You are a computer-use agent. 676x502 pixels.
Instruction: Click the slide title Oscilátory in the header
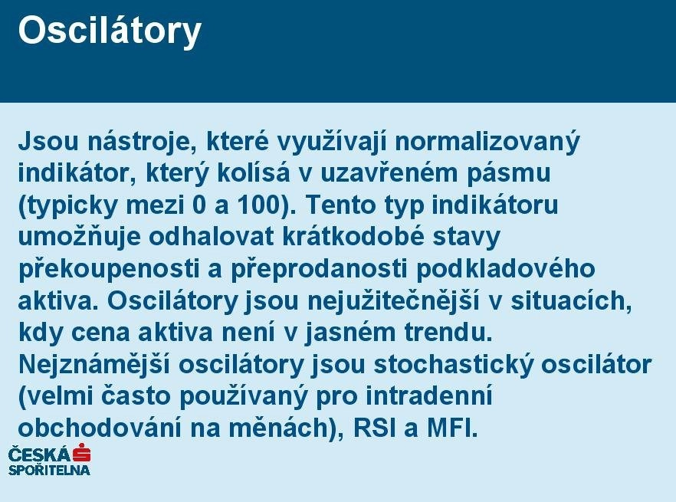pos(110,31)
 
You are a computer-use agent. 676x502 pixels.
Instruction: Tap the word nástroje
pos(139,142)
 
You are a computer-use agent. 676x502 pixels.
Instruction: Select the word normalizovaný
pos(487,143)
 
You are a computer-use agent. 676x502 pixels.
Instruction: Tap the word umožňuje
pos(80,237)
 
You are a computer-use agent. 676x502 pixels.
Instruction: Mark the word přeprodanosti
pos(319,269)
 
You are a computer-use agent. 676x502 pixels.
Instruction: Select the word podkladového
pos(505,269)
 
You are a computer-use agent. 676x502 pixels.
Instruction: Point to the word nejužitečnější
pos(392,301)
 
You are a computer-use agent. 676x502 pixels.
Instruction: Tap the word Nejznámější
pos(94,365)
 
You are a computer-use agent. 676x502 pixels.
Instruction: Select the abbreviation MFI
pos(453,428)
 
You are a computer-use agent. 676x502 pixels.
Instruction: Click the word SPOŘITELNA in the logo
pos(50,470)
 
